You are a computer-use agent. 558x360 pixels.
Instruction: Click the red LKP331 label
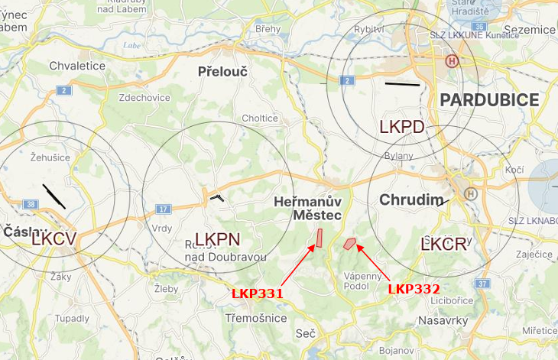258,293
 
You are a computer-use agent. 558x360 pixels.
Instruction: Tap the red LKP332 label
414,289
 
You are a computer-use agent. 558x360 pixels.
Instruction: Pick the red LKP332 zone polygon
350,244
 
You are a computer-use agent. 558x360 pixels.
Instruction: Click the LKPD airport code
401,127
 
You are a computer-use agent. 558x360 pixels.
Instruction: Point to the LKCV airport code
54,238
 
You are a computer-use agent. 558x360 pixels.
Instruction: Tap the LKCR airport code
443,245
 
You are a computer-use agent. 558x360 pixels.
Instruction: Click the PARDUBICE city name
489,99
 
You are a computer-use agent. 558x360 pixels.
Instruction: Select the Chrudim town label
412,200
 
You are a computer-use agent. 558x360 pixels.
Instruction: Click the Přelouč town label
222,72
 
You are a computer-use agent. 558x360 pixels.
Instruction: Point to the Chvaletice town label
77,66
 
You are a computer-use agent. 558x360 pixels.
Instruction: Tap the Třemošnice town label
256,316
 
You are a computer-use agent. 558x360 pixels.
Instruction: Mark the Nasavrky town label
443,321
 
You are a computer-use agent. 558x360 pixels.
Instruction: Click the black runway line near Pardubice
402,83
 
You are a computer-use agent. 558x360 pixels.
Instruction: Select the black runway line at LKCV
54,196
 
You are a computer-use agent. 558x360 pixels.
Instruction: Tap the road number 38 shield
31,204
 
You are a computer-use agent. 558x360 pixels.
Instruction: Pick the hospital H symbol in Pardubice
453,60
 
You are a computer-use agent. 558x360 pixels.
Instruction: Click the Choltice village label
260,118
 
